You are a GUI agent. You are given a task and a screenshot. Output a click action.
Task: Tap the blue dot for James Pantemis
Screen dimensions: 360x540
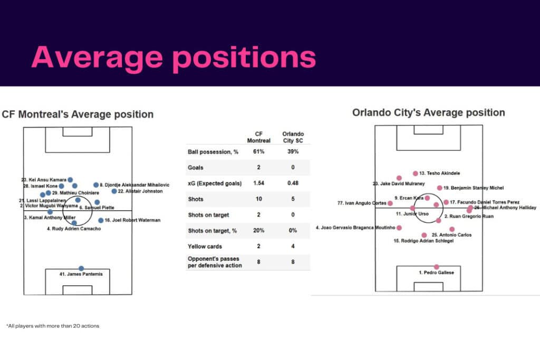(x=81, y=268)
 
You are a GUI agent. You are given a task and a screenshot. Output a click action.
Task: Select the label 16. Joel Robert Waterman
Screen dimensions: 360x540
(x=132, y=220)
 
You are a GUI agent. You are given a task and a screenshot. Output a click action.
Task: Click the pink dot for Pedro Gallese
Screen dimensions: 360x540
(x=436, y=267)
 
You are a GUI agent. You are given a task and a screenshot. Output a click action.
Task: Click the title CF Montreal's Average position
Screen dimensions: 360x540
(x=78, y=114)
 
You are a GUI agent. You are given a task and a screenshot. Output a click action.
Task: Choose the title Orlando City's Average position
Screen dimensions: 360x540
(x=428, y=112)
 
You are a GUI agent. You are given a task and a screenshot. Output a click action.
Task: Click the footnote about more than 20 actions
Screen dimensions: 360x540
(x=53, y=326)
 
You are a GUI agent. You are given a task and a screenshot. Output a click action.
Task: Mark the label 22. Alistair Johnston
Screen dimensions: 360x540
(x=140, y=191)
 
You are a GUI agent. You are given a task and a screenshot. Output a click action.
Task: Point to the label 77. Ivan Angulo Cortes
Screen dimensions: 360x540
(x=361, y=203)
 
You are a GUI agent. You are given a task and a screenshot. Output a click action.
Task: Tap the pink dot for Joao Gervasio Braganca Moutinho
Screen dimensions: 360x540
(x=399, y=228)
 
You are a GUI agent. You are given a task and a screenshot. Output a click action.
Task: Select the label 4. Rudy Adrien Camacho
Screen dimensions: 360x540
(x=74, y=229)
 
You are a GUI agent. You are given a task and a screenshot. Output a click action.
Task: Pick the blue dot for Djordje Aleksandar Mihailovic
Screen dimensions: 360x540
(x=96, y=185)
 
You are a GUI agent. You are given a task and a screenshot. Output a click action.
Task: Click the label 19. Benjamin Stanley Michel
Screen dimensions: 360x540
(x=474, y=188)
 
